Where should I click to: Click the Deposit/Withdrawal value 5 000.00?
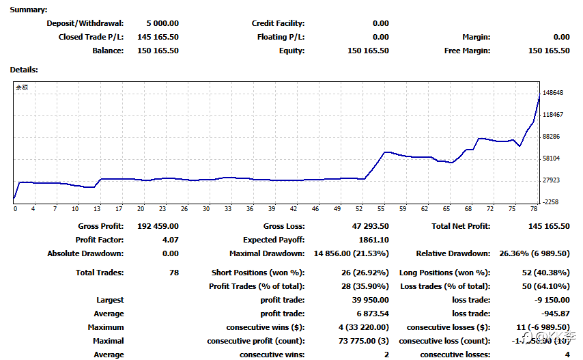click(162, 23)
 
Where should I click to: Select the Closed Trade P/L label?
click(91, 37)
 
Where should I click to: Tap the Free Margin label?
click(467, 51)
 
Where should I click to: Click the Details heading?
click(23, 70)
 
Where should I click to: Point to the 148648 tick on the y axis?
click(553, 93)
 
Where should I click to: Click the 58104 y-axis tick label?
click(552, 158)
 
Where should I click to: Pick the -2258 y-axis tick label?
click(552, 202)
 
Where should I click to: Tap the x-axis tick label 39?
click(272, 209)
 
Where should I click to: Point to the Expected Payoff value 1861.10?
click(373, 240)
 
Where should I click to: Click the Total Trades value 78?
click(173, 273)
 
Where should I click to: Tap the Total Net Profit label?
click(461, 226)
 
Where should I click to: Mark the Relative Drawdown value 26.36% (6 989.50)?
click(535, 253)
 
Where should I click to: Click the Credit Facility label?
click(278, 23)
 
